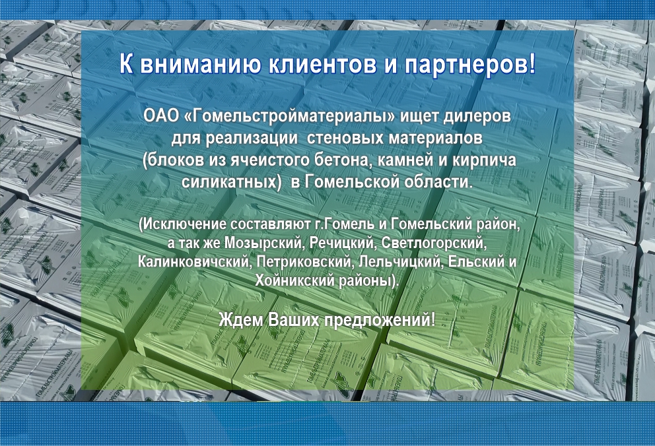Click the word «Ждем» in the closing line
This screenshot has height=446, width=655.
[241, 320]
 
